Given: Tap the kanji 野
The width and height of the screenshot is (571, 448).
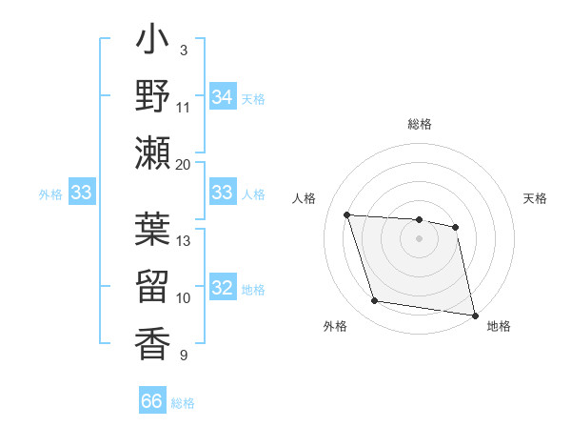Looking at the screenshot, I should pyautogui.click(x=153, y=97).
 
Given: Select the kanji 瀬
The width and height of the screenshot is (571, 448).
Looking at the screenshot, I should pyautogui.click(x=153, y=153).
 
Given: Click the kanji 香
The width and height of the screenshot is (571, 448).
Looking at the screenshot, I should pyautogui.click(x=153, y=340).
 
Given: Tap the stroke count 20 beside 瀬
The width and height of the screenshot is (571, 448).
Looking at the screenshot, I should pyautogui.click(x=184, y=164).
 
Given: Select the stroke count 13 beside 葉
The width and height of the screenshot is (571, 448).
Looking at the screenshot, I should pyautogui.click(x=184, y=240).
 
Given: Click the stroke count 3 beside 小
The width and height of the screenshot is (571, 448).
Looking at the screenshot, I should pyautogui.click(x=183, y=50).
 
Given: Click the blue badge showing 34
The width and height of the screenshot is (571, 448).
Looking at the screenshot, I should pyautogui.click(x=222, y=97).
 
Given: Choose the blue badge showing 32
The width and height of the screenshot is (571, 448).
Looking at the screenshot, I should pyautogui.click(x=222, y=289).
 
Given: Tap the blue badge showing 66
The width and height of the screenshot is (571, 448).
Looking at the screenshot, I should pyautogui.click(x=152, y=401).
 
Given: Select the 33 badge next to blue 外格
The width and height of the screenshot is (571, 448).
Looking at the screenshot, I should pyautogui.click(x=81, y=193).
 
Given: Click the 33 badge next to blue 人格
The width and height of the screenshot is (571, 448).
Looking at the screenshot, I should pyautogui.click(x=222, y=193).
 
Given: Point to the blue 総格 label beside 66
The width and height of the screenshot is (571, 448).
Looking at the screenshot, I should pyautogui.click(x=183, y=403).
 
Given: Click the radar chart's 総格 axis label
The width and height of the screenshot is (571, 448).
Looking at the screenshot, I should pyautogui.click(x=420, y=124).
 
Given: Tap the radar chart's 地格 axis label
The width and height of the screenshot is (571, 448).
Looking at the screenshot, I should pyautogui.click(x=499, y=326).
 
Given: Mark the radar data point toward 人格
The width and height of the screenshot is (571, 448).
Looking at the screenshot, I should pyautogui.click(x=347, y=214).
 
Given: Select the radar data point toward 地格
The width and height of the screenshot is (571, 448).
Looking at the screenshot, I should pyautogui.click(x=474, y=314).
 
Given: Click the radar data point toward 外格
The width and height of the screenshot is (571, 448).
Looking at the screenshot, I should pyautogui.click(x=375, y=301).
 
